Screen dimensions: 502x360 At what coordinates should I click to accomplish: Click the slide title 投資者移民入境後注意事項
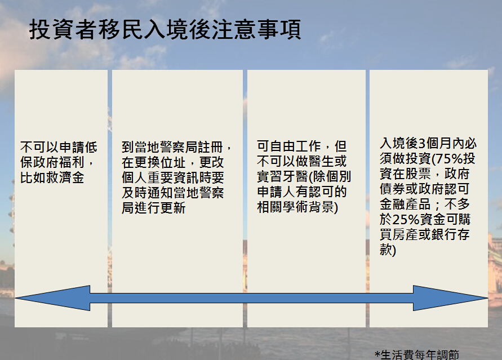click(165, 29)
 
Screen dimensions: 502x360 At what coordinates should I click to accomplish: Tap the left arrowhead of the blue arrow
click(52, 298)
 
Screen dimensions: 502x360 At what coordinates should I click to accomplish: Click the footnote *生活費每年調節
click(417, 355)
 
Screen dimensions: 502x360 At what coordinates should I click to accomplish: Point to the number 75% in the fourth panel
click(449, 158)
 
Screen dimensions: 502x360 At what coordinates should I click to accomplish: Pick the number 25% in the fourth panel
click(406, 220)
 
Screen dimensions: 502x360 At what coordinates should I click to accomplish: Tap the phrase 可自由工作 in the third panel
click(289, 146)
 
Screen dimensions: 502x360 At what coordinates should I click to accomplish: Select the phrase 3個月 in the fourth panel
click(428, 143)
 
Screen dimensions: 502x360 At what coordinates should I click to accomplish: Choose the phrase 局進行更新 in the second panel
click(154, 208)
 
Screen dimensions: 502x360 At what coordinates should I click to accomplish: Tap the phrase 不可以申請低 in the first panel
click(59, 147)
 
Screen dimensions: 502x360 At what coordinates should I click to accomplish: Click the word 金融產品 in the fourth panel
click(405, 204)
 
